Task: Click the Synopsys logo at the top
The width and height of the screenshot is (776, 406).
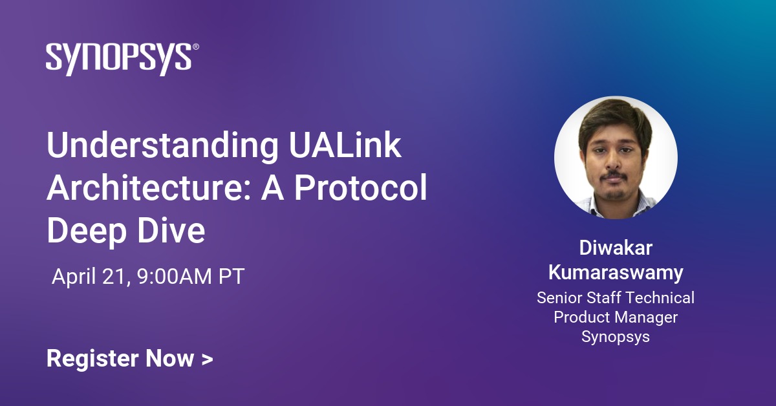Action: click(119, 59)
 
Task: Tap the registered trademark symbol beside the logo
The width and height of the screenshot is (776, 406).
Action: click(196, 48)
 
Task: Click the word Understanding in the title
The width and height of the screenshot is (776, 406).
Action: click(160, 148)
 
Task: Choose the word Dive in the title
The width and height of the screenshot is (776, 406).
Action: click(172, 230)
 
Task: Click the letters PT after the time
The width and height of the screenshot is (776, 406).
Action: click(231, 277)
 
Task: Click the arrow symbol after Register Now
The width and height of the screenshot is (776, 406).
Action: click(207, 359)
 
